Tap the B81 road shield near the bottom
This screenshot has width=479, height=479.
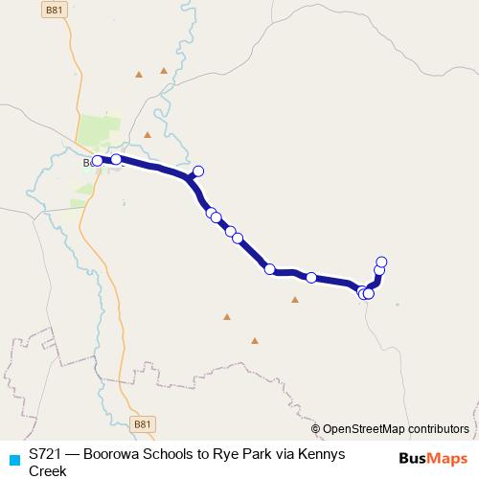[143, 423]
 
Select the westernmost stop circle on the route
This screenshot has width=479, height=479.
[97, 161]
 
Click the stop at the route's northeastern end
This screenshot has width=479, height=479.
[381, 262]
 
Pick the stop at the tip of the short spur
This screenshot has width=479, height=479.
[198, 171]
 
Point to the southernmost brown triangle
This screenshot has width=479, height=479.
[255, 340]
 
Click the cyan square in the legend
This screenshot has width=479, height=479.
[13, 459]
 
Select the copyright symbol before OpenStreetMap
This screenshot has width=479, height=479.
[316, 429]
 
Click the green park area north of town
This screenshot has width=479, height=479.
[101, 130]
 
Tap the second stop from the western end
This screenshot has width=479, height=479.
[116, 160]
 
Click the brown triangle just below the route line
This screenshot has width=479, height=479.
[295, 300]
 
